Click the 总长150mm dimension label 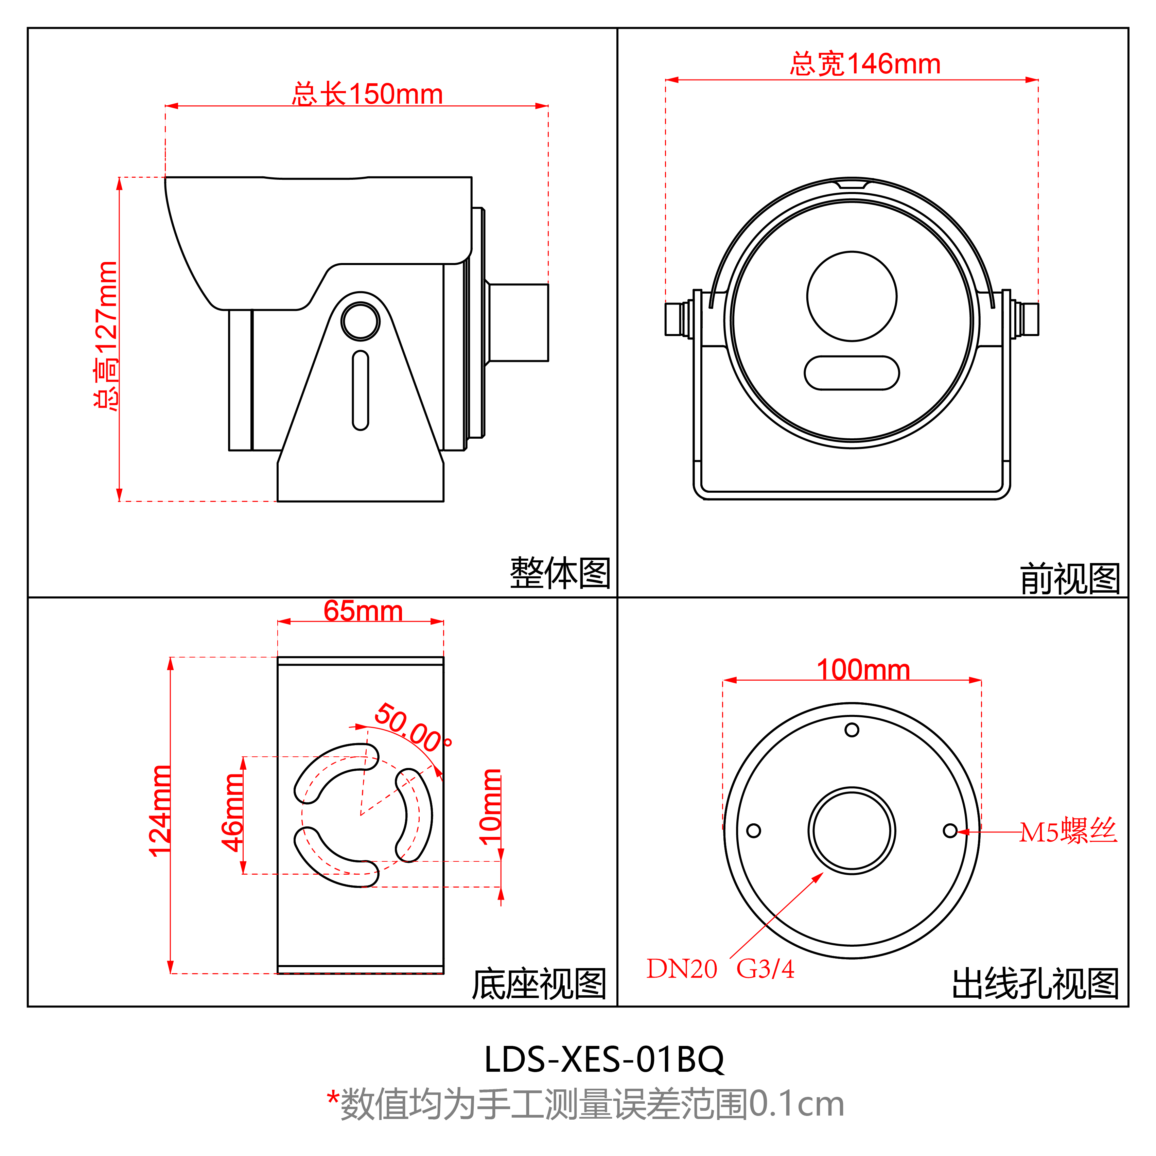click(x=367, y=94)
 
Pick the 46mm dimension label click(x=232, y=812)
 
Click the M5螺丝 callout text click(x=1068, y=832)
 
